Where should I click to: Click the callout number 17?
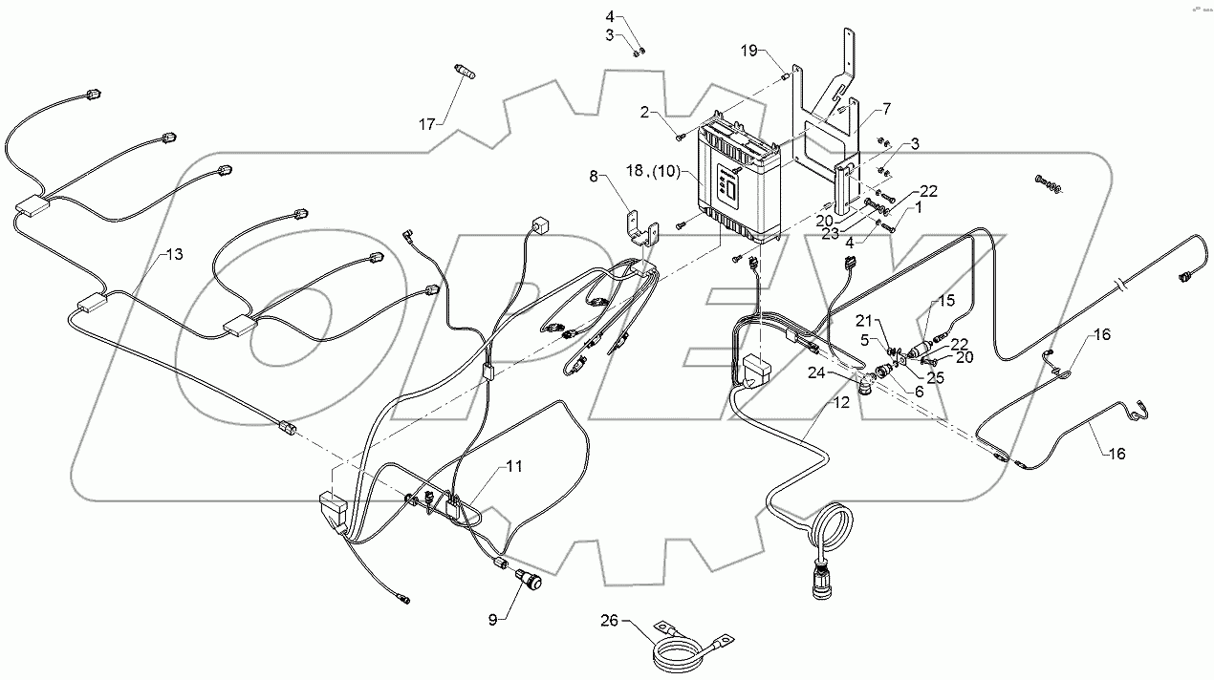(x=426, y=124)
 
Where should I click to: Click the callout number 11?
(x=513, y=466)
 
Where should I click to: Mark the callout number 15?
(x=945, y=300)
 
